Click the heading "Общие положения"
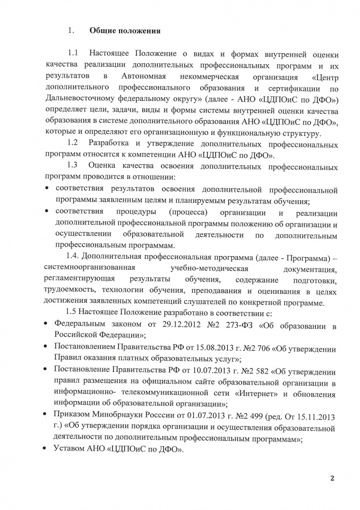125,30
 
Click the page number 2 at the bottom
332,478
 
